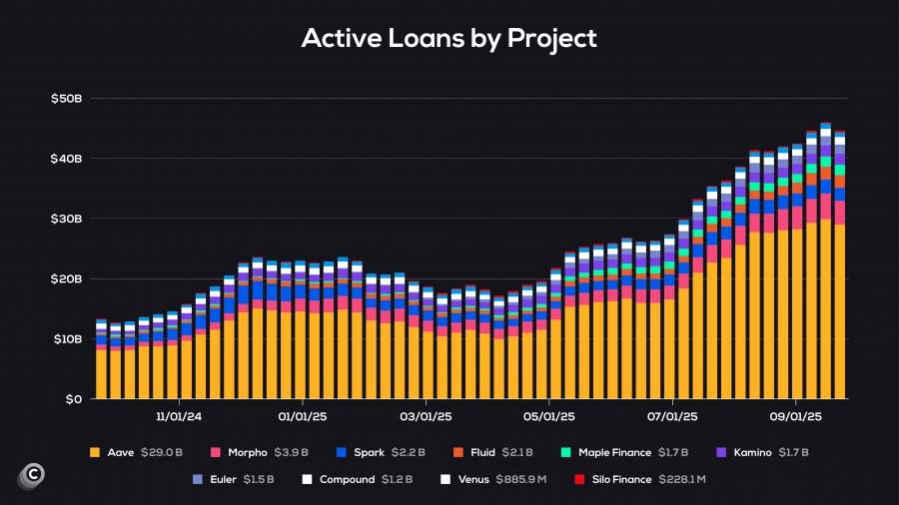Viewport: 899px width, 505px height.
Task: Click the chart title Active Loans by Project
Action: click(449, 39)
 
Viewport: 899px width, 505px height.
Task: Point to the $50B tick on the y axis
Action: click(67, 99)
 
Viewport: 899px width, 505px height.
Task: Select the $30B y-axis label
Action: click(67, 219)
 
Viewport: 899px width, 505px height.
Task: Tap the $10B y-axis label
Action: click(67, 339)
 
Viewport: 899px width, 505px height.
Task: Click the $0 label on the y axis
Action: click(74, 399)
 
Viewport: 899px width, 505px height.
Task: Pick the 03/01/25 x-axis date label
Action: click(427, 415)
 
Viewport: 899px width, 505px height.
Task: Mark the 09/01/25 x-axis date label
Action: click(797, 415)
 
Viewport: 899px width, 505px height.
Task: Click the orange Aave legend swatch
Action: click(95, 452)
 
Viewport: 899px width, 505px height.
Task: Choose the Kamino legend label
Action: click(751, 452)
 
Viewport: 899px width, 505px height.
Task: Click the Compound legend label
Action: click(348, 479)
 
